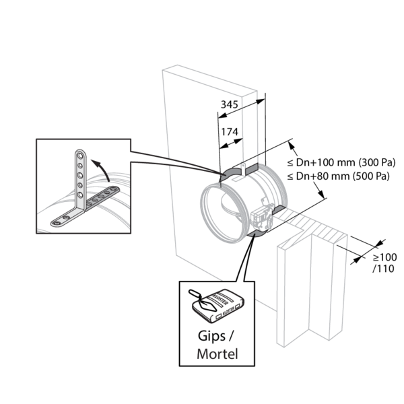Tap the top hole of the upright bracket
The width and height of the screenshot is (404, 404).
click(x=80, y=156)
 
